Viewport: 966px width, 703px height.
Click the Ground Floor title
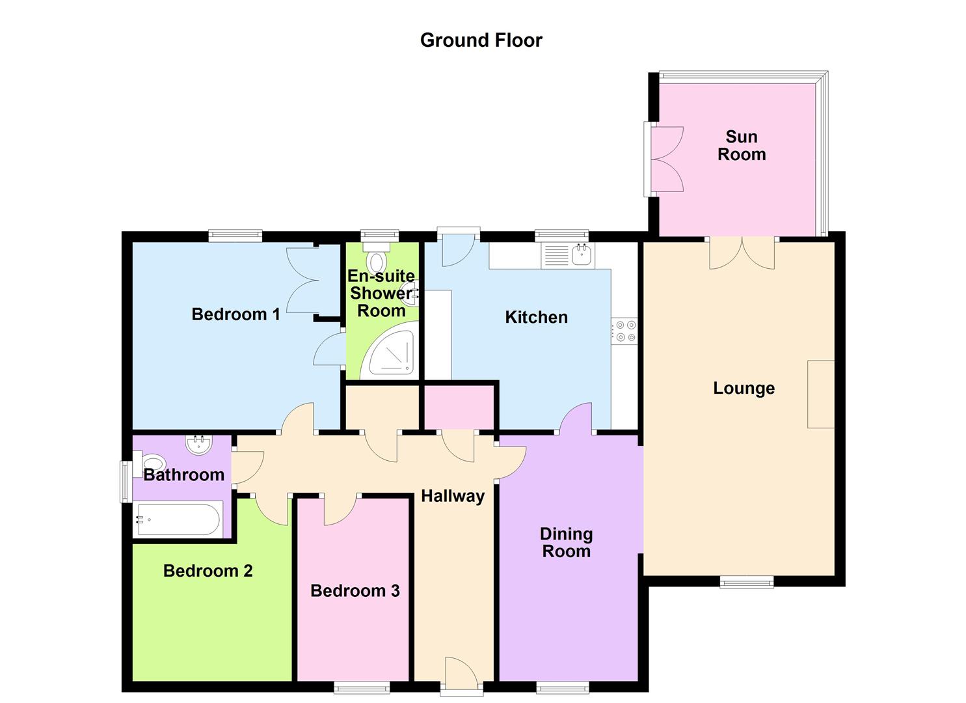[481, 40]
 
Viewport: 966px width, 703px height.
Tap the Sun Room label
[742, 145]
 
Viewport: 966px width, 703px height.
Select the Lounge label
[744, 388]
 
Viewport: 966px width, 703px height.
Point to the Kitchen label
[536, 317]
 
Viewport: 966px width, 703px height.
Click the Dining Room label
[566, 542]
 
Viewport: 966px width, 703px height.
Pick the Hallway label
[453, 496]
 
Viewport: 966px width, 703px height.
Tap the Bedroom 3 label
[355, 591]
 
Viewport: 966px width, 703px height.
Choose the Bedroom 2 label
[208, 571]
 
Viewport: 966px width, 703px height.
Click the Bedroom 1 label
[235, 314]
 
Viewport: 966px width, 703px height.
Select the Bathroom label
[184, 475]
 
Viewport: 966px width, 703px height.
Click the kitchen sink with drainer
[567, 255]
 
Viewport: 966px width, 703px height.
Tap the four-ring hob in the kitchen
[624, 331]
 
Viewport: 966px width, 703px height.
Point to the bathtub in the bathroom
[178, 519]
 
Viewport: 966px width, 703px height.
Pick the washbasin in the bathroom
[199, 445]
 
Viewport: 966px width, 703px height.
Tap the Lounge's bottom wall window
[747, 583]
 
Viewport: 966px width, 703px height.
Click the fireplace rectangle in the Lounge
[821, 394]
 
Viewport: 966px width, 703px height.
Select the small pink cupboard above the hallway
[459, 407]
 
